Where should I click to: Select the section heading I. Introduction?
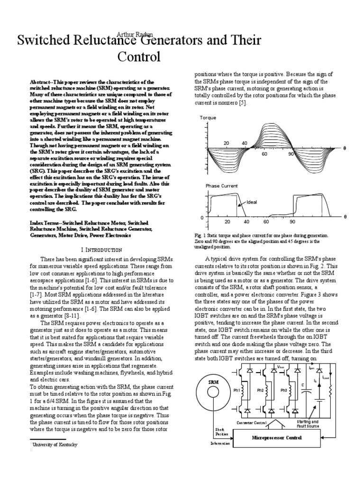point(100,250)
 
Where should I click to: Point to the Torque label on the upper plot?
point(208,117)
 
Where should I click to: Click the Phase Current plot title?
point(221,186)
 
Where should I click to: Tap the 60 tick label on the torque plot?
point(264,154)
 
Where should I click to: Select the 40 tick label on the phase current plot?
point(246,222)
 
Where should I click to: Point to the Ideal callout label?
point(252,202)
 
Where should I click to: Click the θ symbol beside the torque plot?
point(345,148)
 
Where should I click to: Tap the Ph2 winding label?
point(260,390)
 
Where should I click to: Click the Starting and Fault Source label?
point(308,424)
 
